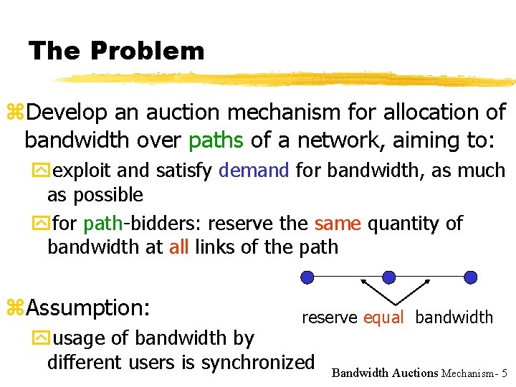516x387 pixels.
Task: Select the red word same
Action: [338, 224]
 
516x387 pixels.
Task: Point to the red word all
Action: [179, 247]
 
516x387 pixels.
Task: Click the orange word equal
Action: [383, 317]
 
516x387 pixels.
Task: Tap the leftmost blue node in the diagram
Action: [307, 277]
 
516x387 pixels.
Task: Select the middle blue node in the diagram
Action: [388, 277]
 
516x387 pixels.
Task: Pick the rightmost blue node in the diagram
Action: [470, 277]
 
